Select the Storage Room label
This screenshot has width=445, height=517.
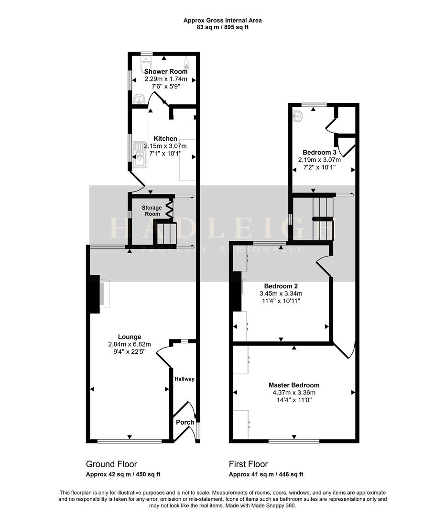pos(152,211)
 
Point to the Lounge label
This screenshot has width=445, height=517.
pos(130,337)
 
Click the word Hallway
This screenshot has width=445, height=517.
pos(185,379)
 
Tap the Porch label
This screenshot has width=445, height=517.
pos(185,422)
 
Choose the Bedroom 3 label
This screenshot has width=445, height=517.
pos(319,153)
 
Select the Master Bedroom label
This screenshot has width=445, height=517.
pos(294,385)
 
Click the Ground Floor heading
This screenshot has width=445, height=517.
pos(111,464)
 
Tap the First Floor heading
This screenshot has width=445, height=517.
pos(248,464)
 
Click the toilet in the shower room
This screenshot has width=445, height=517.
pos(146,63)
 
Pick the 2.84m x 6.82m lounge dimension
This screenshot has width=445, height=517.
pos(130,344)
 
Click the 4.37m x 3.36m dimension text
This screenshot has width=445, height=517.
pos(294,393)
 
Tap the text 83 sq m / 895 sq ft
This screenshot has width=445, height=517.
pos(223,27)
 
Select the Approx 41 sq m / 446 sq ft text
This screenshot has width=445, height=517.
pos(266,474)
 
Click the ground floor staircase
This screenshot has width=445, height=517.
pos(165,234)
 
